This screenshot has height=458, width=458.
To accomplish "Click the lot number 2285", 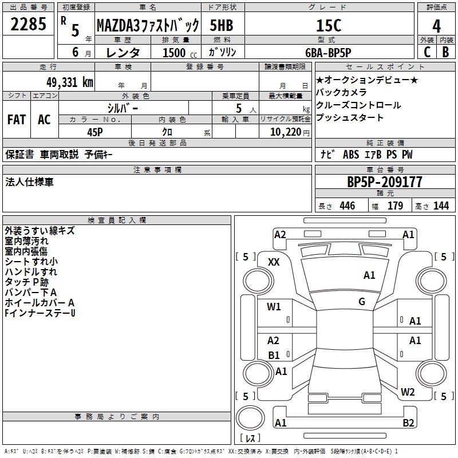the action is point(28,24).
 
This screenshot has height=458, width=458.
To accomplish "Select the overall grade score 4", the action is point(436,26).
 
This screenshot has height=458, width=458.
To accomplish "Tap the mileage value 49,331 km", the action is point(69,82).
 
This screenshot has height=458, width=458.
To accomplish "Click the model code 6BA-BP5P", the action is point(328,53).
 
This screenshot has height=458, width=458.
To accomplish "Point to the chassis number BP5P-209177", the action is point(385,182).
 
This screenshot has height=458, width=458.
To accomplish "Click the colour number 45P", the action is point(95,132).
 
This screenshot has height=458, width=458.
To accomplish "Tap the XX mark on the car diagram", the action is point(274,262).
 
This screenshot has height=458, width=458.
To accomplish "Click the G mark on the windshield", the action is point(362,302).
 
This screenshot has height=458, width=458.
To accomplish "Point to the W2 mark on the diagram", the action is point(408,392).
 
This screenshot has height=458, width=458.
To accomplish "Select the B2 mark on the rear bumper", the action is point(408,423).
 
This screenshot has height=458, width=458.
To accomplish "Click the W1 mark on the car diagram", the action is point(274,306).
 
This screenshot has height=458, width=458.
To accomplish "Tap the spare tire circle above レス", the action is point(250,418).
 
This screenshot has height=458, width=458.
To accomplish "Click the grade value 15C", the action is point(329,26).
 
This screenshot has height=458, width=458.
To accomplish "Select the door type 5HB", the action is point(222,25).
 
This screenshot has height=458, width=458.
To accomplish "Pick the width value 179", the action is point(395,206).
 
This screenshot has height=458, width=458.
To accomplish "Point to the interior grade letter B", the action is point(445,52).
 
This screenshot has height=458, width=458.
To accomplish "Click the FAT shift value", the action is point(17,120).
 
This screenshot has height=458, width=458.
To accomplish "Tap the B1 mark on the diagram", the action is point(274,355).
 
